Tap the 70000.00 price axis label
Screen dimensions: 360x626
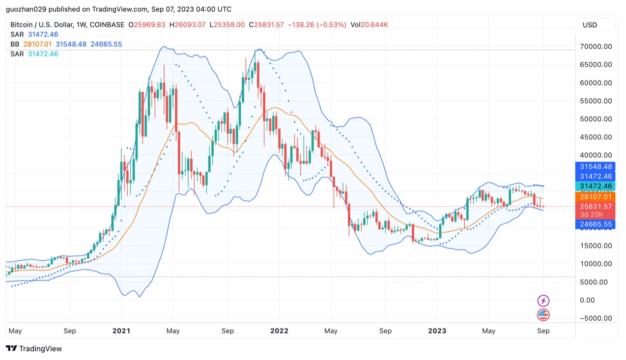(x=596, y=47)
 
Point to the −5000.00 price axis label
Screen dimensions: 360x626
(x=595, y=318)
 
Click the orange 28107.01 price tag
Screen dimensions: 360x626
(x=596, y=196)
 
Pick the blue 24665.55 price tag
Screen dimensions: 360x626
(x=596, y=224)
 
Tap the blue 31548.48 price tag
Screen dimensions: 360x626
(x=596, y=167)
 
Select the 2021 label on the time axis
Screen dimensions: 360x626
(x=121, y=331)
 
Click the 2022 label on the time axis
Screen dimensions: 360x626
(x=279, y=331)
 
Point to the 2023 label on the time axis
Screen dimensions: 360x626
(x=437, y=331)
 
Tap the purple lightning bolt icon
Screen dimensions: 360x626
(x=543, y=301)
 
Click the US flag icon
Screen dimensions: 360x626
(x=543, y=315)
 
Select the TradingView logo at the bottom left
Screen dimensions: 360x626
(x=34, y=349)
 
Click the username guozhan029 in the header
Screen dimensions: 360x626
(x=25, y=9)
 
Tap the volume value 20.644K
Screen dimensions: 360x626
(x=374, y=25)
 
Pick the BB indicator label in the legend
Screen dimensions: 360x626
(x=15, y=44)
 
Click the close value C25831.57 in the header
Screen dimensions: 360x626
(x=266, y=25)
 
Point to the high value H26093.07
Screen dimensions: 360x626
(x=187, y=25)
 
